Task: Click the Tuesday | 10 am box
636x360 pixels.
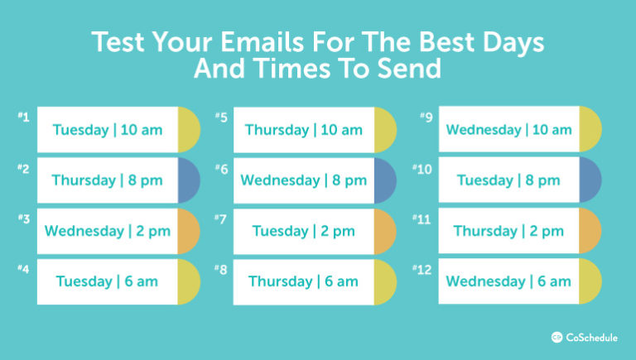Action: coord(108,130)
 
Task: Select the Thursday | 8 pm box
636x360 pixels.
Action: coord(108,180)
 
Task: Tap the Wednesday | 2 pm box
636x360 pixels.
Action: coord(108,231)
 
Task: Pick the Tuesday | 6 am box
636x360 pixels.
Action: coord(108,281)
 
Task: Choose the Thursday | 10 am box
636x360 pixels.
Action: coord(303,130)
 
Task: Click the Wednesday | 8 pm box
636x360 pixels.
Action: coord(303,180)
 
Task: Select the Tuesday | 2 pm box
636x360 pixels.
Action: coord(303,231)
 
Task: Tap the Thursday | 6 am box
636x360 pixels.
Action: coord(303,281)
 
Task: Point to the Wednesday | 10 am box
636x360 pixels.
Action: coord(508,130)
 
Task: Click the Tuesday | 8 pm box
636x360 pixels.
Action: coord(508,180)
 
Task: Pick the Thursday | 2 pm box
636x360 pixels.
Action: coord(508,231)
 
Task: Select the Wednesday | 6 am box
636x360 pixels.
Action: coord(508,281)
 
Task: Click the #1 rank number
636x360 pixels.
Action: coord(23,118)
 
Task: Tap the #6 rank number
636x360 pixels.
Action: coord(221,168)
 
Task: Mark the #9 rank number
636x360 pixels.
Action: coord(426,118)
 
